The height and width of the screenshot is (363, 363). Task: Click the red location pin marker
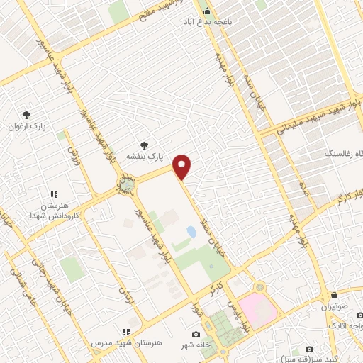182,166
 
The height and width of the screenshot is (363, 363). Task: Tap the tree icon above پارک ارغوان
27,114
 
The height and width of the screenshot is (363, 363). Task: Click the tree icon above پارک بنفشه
145,144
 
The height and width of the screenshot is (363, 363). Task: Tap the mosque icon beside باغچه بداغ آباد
207,11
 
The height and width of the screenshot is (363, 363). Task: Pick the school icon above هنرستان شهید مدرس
126,331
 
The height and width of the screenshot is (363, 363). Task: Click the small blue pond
191,232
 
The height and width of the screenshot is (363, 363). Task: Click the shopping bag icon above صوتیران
334,295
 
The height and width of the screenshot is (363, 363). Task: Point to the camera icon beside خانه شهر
196,335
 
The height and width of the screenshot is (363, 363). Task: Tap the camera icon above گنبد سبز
309,349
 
